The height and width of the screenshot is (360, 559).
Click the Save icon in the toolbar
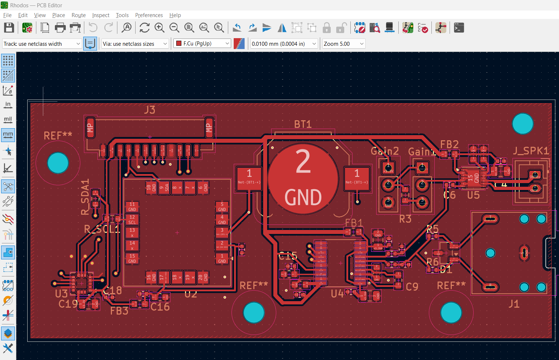coord(9,28)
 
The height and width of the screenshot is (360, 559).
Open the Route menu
coord(79,15)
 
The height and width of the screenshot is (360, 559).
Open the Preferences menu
coord(149,15)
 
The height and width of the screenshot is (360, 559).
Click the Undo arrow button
coord(93,28)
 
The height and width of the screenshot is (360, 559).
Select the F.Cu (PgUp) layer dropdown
coord(202,44)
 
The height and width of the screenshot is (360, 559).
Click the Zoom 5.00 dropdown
coord(343,44)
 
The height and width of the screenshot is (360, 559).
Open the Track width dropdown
coord(41,44)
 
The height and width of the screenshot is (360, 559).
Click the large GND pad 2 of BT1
coord(303,179)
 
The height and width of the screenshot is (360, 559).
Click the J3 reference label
coord(149,110)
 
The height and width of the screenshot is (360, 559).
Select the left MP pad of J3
coord(90,128)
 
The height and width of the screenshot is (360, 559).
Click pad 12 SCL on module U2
coord(132,220)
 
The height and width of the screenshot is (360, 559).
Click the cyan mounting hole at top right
coord(522,124)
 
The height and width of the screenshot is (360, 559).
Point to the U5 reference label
coord(473,195)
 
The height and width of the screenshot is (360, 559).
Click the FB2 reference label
coord(449,145)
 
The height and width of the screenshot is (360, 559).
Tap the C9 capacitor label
coord(412,287)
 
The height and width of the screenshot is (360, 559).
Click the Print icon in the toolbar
coord(60,28)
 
